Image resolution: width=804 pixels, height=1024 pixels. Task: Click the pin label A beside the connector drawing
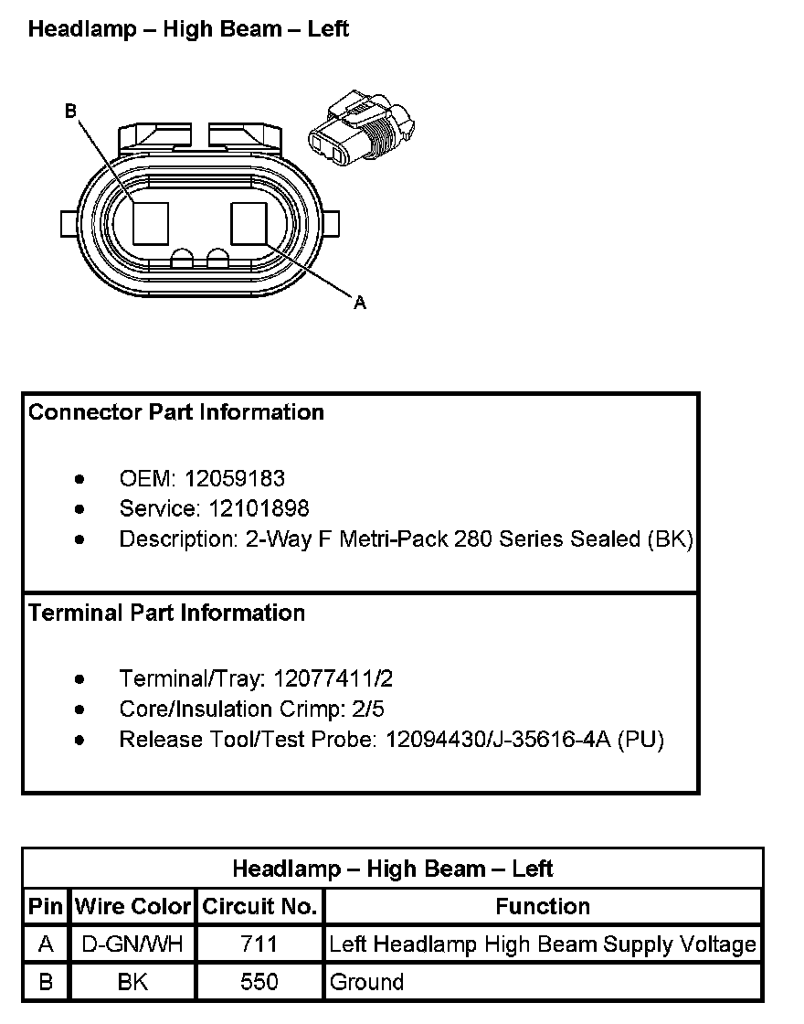pyautogui.click(x=360, y=303)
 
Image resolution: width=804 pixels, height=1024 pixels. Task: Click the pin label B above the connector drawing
pyautogui.click(x=70, y=112)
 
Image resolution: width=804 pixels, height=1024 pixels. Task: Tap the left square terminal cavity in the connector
pyautogui.click(x=151, y=223)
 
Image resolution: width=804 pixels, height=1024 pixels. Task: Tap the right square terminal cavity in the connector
pyautogui.click(x=249, y=223)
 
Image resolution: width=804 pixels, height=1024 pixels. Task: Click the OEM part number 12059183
pyautogui.click(x=235, y=478)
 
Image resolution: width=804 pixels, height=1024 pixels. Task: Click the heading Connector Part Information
pyautogui.click(x=176, y=412)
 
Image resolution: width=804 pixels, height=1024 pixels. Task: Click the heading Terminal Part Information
pyautogui.click(x=166, y=613)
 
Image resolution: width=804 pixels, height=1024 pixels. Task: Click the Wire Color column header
pyautogui.click(x=133, y=907)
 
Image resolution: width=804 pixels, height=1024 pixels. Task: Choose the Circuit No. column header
pyautogui.click(x=259, y=907)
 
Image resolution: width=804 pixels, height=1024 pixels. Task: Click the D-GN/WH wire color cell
pyautogui.click(x=133, y=944)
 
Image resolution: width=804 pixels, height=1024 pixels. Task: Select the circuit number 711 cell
pyautogui.click(x=259, y=944)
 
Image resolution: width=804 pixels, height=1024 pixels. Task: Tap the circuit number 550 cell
pyautogui.click(x=259, y=982)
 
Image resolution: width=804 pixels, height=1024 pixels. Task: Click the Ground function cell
pyautogui.click(x=366, y=982)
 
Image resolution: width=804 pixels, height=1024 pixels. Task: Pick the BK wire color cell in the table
pyautogui.click(x=133, y=982)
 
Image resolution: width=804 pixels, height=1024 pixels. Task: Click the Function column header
pyautogui.click(x=543, y=907)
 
